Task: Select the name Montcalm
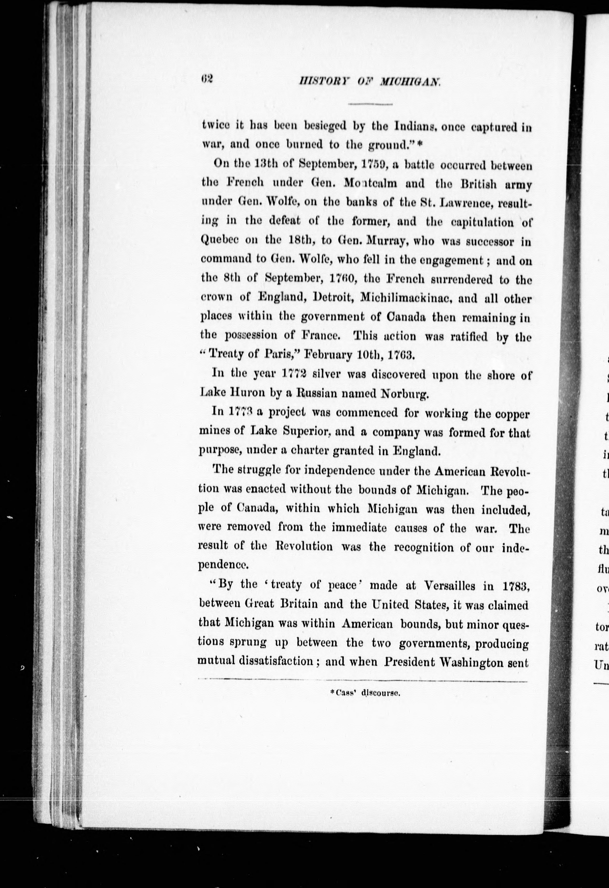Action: (370, 183)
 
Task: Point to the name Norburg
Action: (406, 394)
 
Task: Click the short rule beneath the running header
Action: (371, 104)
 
